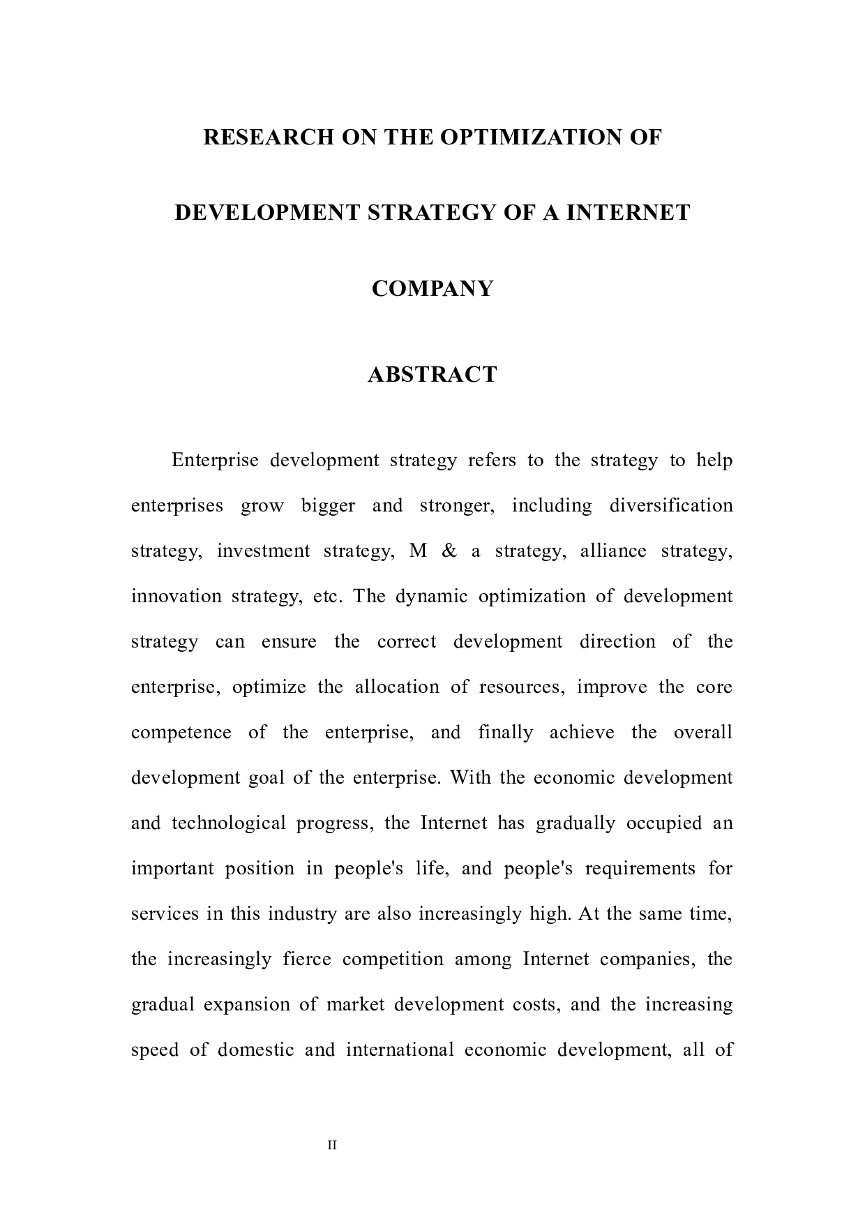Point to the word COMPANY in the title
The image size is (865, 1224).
[x=433, y=288]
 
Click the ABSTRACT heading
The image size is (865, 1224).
[x=433, y=375]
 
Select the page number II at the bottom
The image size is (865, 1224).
[x=332, y=1145]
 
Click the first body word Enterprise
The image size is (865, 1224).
[x=215, y=461]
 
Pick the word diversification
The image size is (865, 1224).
[x=671, y=506]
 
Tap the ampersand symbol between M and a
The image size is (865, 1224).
[x=449, y=551]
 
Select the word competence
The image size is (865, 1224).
[x=181, y=733]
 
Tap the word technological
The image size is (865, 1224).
[x=229, y=823]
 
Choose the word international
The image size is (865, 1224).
[x=400, y=1050]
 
